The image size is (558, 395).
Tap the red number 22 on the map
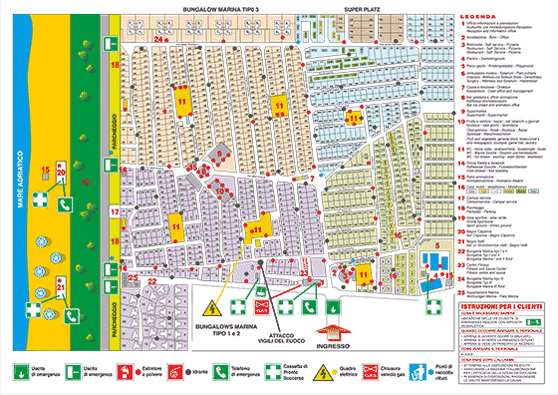(152, 282)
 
